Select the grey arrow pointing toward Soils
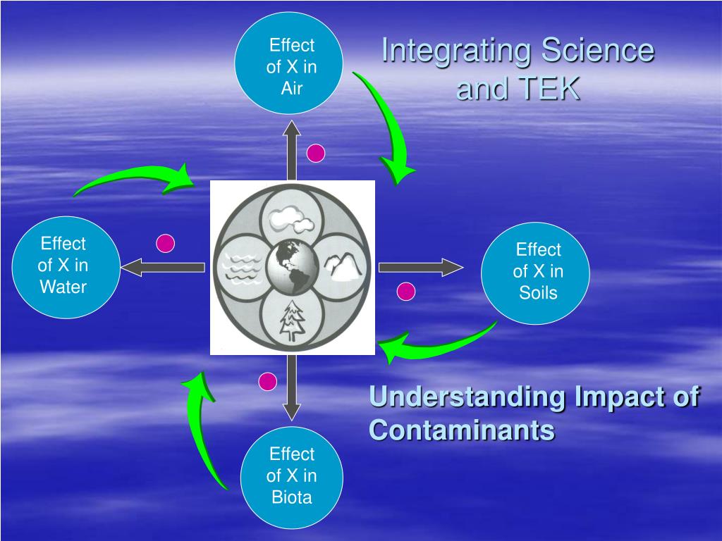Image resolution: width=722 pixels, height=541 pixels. pyautogui.click(x=420, y=267)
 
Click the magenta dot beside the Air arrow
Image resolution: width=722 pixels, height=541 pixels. pyautogui.click(x=316, y=153)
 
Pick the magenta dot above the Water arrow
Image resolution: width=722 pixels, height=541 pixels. pyautogui.click(x=165, y=243)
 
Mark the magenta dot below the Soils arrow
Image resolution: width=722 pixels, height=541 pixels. pyautogui.click(x=406, y=291)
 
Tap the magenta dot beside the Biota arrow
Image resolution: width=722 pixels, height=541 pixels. pyautogui.click(x=267, y=382)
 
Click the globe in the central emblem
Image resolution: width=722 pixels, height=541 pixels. pyautogui.click(x=292, y=268)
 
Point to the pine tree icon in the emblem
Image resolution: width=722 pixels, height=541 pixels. pyautogui.click(x=292, y=321)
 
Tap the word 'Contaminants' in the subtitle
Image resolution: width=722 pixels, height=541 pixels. pyautogui.click(x=462, y=429)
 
